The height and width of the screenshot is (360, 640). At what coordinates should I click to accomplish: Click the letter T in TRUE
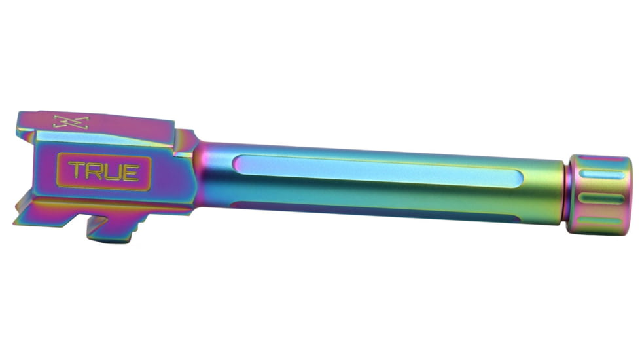pos(76,171)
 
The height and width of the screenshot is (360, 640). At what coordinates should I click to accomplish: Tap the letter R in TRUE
pos(93,171)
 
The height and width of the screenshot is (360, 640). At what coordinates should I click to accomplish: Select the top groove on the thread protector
pos(602,175)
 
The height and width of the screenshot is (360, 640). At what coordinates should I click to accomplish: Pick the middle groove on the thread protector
pos(602,198)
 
